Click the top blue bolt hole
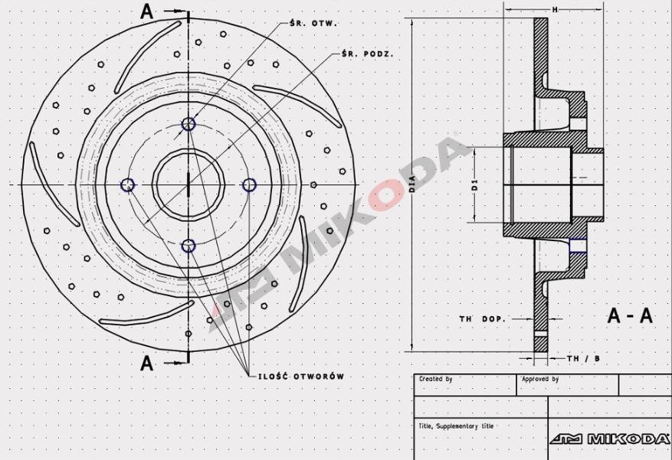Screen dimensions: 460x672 [188, 124]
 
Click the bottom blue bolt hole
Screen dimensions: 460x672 [188, 246]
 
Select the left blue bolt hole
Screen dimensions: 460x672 [128, 184]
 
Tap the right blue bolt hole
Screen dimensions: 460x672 [249, 184]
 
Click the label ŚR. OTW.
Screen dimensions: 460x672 [315, 23]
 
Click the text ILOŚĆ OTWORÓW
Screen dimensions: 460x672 [300, 377]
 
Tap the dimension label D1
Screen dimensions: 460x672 [474, 184]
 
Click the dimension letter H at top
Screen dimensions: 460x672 [554, 9]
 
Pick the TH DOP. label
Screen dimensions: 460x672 [483, 318]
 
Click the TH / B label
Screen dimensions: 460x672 [584, 358]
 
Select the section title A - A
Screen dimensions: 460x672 [630, 315]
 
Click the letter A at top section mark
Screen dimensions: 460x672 [147, 11]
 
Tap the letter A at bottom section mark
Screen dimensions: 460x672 [147, 364]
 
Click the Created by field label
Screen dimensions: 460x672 [436, 379]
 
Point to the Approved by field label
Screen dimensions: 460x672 [539, 379]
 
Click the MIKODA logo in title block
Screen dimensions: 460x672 [610, 439]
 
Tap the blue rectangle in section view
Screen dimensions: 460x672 [579, 245]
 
